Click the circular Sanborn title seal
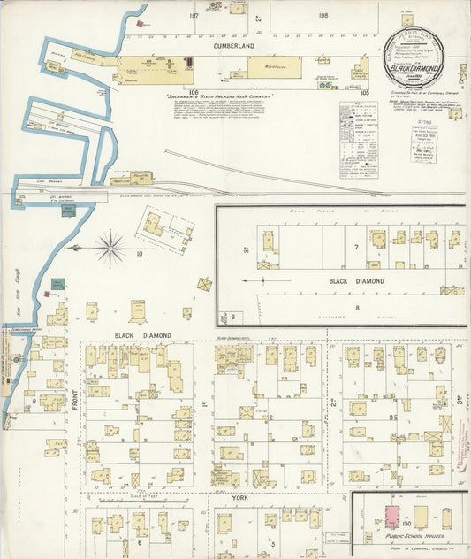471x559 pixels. coord(427,58)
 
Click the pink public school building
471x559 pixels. coord(389,517)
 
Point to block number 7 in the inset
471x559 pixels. coord(355,248)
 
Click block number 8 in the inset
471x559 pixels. coord(356,307)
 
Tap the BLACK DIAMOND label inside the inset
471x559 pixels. coord(356,281)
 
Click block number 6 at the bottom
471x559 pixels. coord(139,542)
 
